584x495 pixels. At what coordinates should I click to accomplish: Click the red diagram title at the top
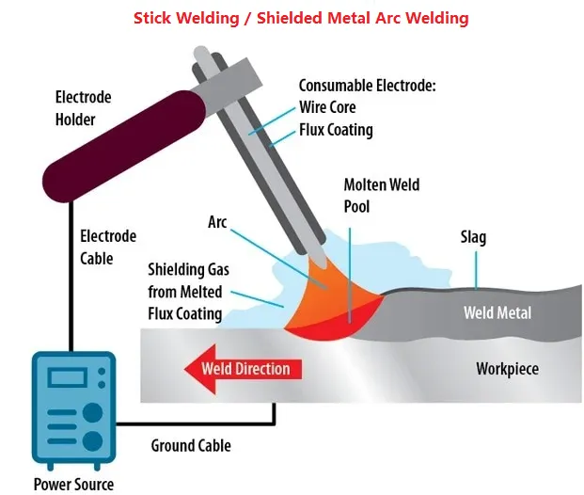point(301,18)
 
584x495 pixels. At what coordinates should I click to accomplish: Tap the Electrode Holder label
point(83,108)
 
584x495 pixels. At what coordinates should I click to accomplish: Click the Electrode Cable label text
point(108,247)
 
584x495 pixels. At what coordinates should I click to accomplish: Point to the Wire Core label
point(328,107)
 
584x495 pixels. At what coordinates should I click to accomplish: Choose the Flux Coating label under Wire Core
point(335,129)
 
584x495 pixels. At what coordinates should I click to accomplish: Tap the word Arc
point(218,223)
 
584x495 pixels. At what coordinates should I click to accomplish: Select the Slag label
point(473,236)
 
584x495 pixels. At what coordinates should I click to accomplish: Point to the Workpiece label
point(507,368)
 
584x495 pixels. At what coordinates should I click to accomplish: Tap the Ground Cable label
point(191,445)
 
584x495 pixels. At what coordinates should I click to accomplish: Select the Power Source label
point(73,485)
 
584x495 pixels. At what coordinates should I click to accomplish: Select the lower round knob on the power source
point(92,440)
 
